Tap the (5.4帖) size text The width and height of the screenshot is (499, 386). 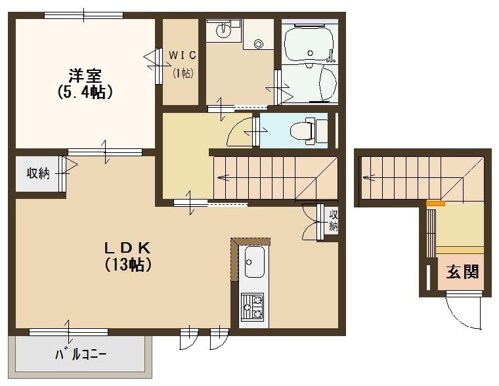coord(85,92)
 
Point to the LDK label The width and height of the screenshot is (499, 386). coord(129,247)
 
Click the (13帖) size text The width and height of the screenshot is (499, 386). coord(129,265)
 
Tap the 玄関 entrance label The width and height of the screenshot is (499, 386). coord(462,271)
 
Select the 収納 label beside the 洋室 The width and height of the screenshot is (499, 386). coord(37,174)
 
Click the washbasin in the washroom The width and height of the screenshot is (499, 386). coord(225,29)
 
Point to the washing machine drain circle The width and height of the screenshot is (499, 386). coord(257,44)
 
